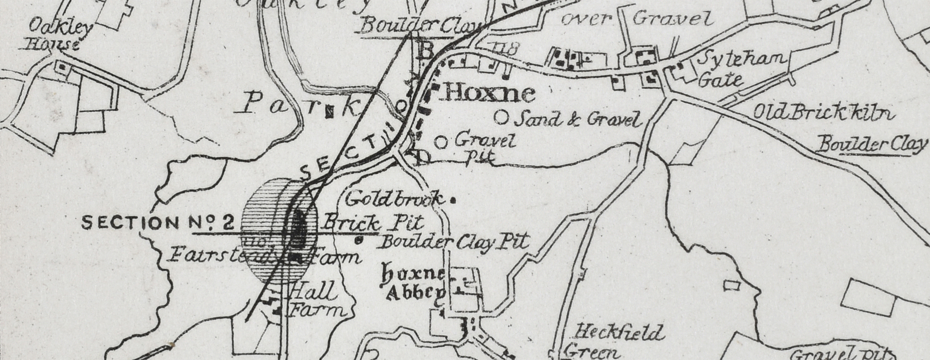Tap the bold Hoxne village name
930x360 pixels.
pos(489,93)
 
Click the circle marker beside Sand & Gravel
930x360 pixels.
pos(502,117)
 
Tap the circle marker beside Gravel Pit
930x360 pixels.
pos(440,142)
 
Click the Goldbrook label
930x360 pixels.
pos(394,198)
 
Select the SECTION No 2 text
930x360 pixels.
pos(158,223)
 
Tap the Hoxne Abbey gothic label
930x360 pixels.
pos(415,284)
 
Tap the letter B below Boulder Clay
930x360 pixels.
pos(424,51)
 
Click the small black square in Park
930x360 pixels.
pos(329,112)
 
